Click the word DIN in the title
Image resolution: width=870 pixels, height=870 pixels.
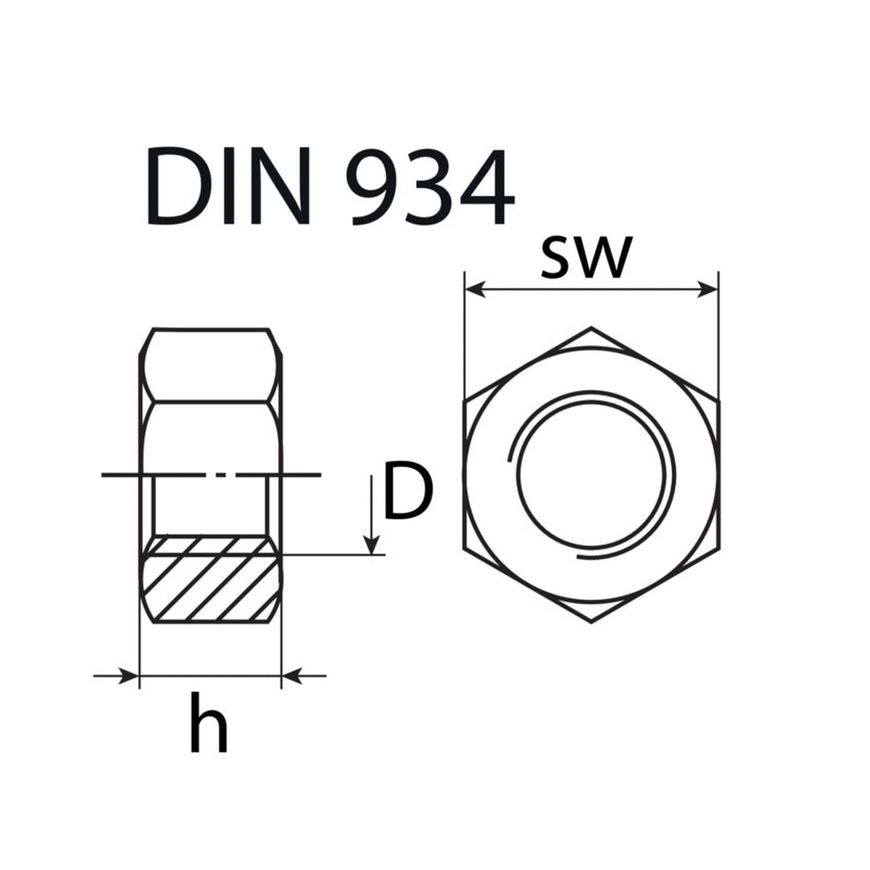[x=228, y=186]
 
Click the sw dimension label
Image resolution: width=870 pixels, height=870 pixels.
[x=584, y=258]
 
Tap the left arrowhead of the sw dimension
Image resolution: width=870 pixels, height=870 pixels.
[x=476, y=289]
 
